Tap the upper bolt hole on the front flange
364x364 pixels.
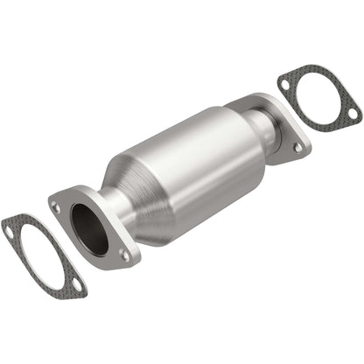click(x=57, y=207)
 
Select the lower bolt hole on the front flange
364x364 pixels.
click(x=124, y=255)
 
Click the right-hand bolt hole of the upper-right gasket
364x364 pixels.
click(x=352, y=113)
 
